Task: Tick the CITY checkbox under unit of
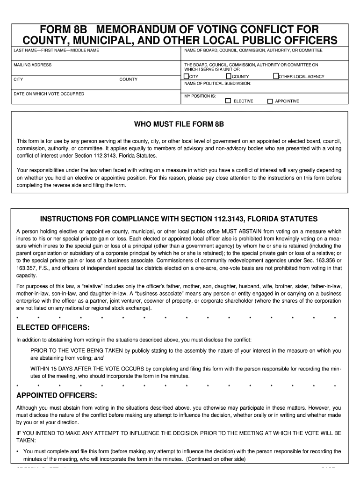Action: pyautogui.click(x=186, y=76)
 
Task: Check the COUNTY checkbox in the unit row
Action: pyautogui.click(x=229, y=76)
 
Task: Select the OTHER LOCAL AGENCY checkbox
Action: pyautogui.click(x=276, y=76)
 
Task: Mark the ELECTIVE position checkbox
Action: pyautogui.click(x=228, y=101)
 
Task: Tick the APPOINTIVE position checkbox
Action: pyautogui.click(x=270, y=101)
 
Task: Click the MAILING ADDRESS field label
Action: pyautogui.click(x=32, y=65)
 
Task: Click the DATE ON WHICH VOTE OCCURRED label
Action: pyautogui.click(x=49, y=94)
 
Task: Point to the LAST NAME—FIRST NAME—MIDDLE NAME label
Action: pyautogui.click(x=56, y=51)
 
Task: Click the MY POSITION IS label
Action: pyautogui.click(x=200, y=95)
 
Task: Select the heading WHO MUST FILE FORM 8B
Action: pyautogui.click(x=179, y=125)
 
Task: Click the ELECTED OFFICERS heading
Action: pyautogui.click(x=53, y=327)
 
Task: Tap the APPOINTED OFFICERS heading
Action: pyautogui.click(x=57, y=395)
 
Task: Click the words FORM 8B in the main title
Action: pyautogui.click(x=66, y=29)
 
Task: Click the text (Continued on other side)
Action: pyautogui.click(x=214, y=459)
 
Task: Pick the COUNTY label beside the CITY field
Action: pyautogui.click(x=128, y=80)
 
